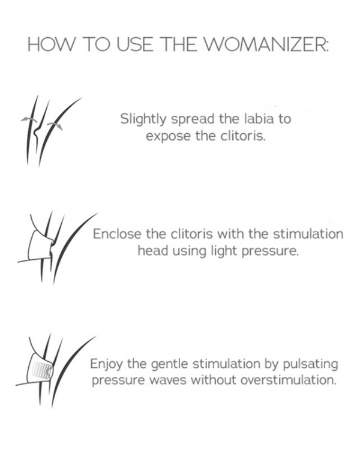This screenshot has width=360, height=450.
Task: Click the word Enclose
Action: click(115, 234)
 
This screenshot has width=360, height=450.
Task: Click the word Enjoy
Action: click(106, 364)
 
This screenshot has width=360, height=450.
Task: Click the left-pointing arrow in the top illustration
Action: click(25, 119)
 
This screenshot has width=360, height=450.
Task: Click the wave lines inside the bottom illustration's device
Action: click(44, 367)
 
